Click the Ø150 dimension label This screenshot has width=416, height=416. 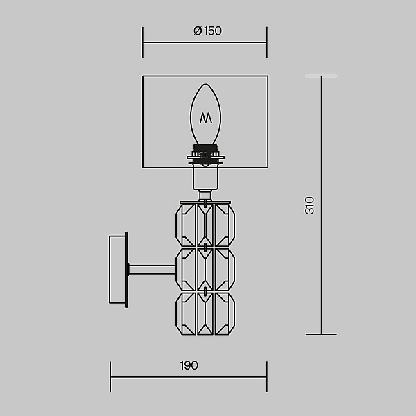[x=207, y=31]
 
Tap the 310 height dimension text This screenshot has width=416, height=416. [x=309, y=205]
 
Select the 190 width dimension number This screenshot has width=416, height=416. [x=189, y=365]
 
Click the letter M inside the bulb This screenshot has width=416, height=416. [x=206, y=118]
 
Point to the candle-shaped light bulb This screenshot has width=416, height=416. [x=206, y=114]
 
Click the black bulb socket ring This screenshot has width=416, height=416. [x=206, y=155]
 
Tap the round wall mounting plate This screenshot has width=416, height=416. [x=119, y=270]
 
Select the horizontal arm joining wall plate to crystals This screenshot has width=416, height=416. [x=152, y=269]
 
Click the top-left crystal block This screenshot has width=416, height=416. [x=186, y=225]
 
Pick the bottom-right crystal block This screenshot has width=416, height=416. [x=225, y=313]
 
